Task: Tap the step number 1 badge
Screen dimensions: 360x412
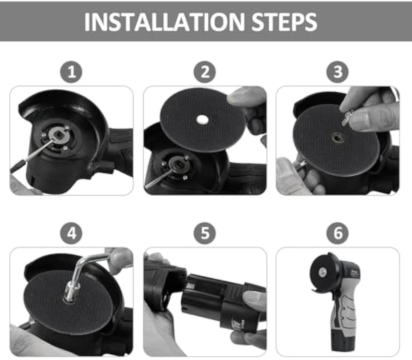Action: tap(71, 72)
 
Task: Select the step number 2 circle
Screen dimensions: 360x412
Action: tap(205, 72)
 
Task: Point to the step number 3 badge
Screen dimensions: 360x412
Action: tap(338, 72)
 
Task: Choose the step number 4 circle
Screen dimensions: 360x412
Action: tap(71, 233)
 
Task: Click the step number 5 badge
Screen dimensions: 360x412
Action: tap(205, 233)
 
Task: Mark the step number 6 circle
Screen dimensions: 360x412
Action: tap(338, 233)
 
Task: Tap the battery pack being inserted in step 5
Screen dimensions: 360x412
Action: tap(217, 299)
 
